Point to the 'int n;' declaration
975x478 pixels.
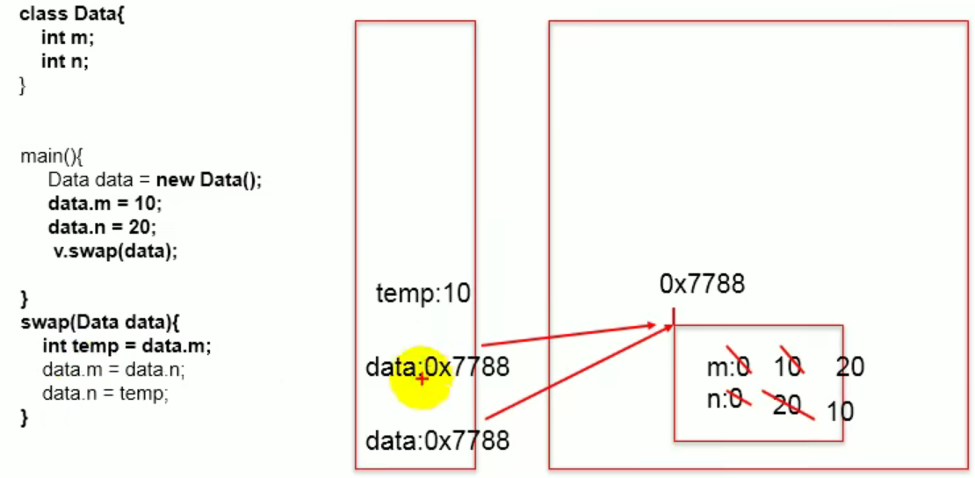point(65,62)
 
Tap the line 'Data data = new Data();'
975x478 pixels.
point(155,180)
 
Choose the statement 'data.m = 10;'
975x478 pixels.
point(105,203)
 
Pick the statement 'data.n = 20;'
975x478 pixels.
point(102,227)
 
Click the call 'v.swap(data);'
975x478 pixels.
point(114,250)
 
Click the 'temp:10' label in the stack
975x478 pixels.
point(422,294)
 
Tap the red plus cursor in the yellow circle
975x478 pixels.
point(422,379)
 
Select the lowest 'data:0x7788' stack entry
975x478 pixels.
point(437,439)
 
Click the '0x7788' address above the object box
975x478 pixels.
point(702,284)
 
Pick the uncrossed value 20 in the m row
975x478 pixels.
point(849,367)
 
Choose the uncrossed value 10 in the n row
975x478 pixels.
point(841,410)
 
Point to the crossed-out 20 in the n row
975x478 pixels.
point(787,405)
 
